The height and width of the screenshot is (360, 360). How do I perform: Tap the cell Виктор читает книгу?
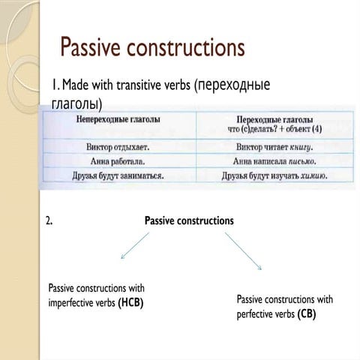[x=274, y=146]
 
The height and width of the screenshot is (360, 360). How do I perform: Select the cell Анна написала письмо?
[x=274, y=160]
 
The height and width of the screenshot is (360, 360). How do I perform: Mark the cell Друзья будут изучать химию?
[x=274, y=176]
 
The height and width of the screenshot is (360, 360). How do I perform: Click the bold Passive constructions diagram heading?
[x=188, y=220]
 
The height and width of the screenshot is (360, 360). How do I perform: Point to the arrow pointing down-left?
[x=135, y=246]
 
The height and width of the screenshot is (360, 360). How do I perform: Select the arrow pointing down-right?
[x=244, y=250]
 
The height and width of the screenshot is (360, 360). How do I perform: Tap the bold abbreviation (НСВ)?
[x=130, y=302]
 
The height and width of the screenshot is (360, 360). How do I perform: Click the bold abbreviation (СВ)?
[x=306, y=314]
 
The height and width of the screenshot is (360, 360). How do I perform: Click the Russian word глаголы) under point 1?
[x=77, y=101]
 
